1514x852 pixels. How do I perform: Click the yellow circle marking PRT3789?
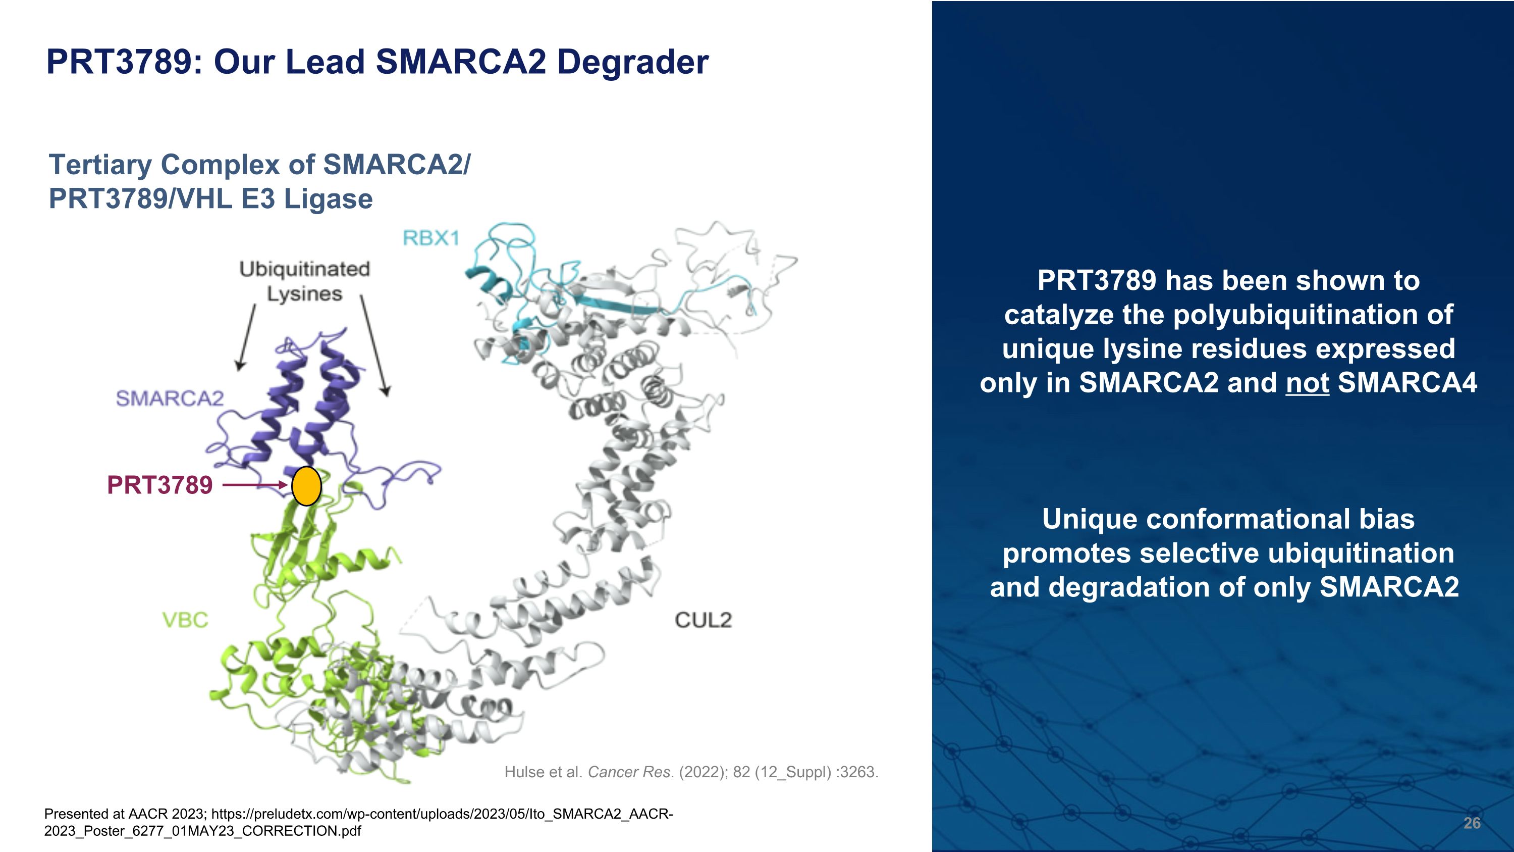(306, 486)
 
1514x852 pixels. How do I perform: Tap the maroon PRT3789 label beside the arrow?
(160, 486)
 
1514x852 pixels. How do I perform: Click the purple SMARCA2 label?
(170, 398)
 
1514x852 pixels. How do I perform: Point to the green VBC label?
(185, 620)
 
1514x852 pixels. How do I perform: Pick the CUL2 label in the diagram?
(703, 620)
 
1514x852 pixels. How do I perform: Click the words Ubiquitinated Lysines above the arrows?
(304, 281)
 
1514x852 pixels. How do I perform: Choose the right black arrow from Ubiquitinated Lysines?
(374, 344)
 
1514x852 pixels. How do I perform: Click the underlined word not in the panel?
(1307, 383)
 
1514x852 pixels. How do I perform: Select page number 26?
(1472, 823)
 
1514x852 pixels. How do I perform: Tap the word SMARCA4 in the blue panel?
(1407, 383)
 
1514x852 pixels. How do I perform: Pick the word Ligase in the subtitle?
(328, 199)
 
